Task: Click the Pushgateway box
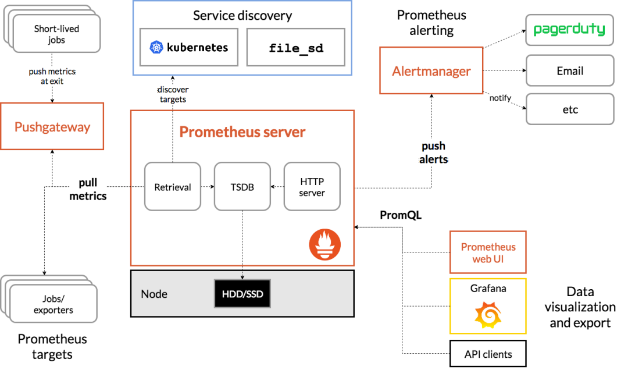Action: point(52,127)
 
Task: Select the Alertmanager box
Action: point(431,71)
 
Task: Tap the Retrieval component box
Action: point(173,187)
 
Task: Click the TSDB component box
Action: point(242,187)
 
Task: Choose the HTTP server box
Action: point(312,187)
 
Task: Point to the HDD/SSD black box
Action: point(242,294)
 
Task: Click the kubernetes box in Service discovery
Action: point(189,47)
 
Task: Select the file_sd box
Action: point(296,47)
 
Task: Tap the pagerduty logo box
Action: point(570,30)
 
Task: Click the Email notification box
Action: point(570,71)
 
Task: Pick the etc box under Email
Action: point(570,109)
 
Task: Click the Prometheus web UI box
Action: point(488,252)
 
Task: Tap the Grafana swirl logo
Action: point(488,316)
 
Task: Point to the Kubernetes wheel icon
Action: point(156,47)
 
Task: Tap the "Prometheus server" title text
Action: point(242,132)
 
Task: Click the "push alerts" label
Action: point(433,152)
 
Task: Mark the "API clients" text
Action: point(488,354)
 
